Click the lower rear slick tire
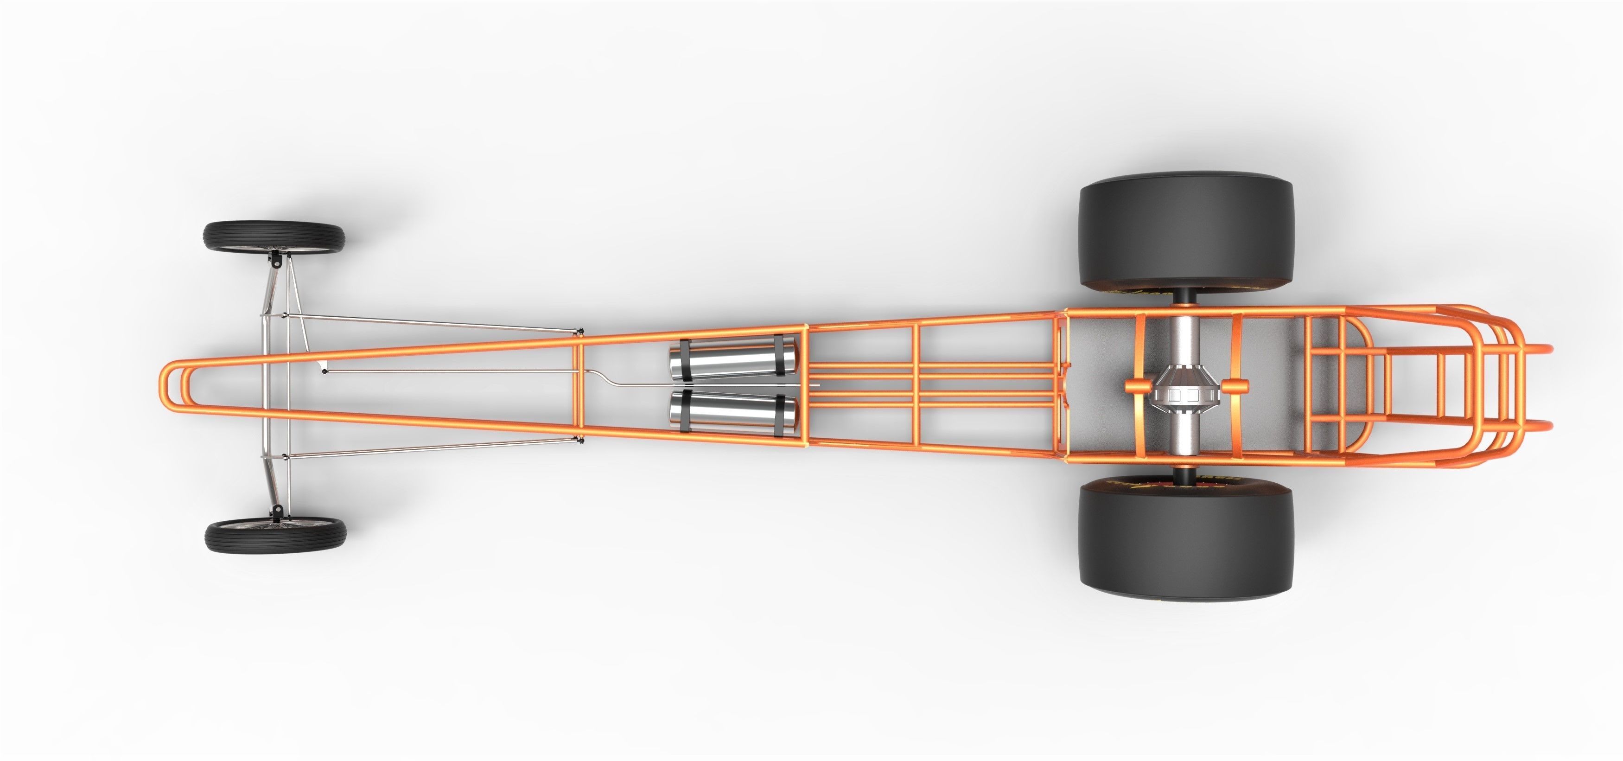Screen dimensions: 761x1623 click(1184, 542)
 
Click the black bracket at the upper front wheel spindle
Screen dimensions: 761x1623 click(276, 258)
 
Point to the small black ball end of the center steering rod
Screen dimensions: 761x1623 click(325, 372)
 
